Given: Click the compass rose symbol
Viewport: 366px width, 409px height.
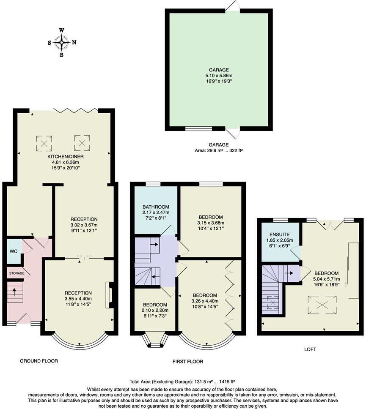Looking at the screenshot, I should (x=62, y=42).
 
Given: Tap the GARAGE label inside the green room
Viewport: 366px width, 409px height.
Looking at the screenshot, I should (x=219, y=70).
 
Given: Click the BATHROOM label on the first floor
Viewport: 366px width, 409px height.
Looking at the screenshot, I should (x=156, y=207).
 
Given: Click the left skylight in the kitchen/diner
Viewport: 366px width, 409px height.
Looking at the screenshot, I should (x=44, y=143).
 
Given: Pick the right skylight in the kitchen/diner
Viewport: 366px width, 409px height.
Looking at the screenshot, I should (x=82, y=143).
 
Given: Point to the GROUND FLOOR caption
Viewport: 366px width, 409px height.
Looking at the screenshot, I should (x=39, y=361).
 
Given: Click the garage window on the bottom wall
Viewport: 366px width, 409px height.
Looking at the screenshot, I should (x=198, y=128).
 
